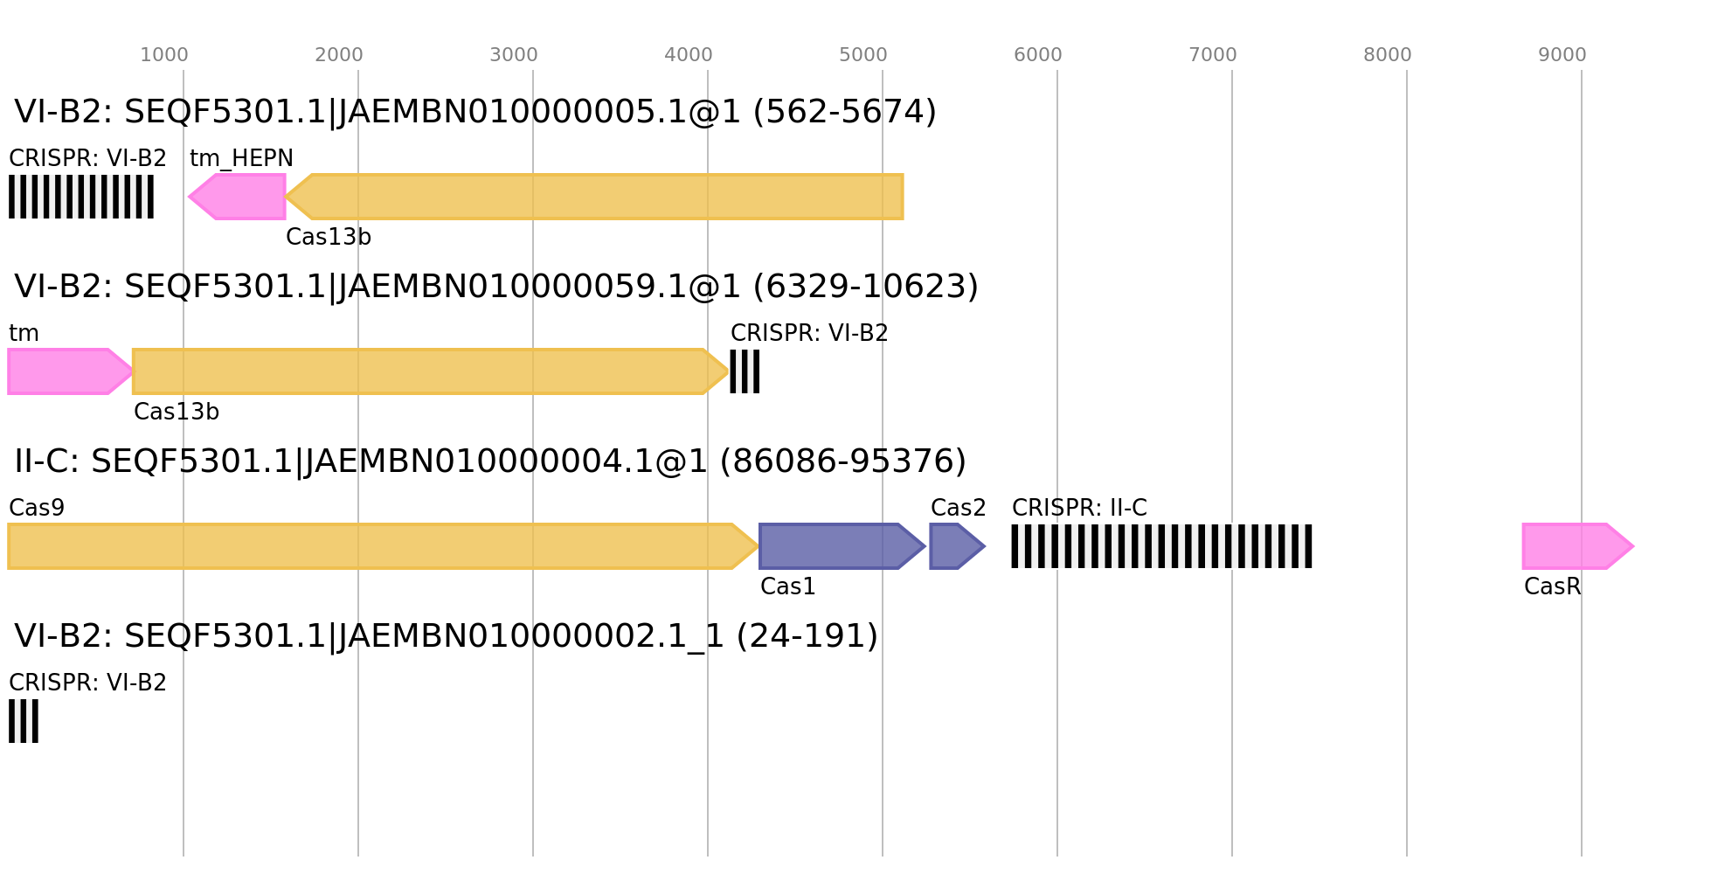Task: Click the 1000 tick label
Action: pyautogui.click(x=164, y=55)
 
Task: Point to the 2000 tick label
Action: pyautogui.click(x=339, y=55)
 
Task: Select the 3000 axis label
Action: pyautogui.click(x=514, y=55)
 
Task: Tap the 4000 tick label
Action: pyautogui.click(x=689, y=55)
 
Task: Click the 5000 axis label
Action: pyautogui.click(x=863, y=55)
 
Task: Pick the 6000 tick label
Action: pyautogui.click(x=1038, y=55)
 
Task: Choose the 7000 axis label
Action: pyautogui.click(x=1213, y=55)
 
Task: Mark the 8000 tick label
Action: pyautogui.click(x=1388, y=55)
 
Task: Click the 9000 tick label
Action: pyautogui.click(x=1562, y=55)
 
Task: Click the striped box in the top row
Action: pyautogui.click(x=81, y=197)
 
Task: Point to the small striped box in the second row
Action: pyautogui.click(x=745, y=371)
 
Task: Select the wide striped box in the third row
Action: pyautogui.click(x=1161, y=546)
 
